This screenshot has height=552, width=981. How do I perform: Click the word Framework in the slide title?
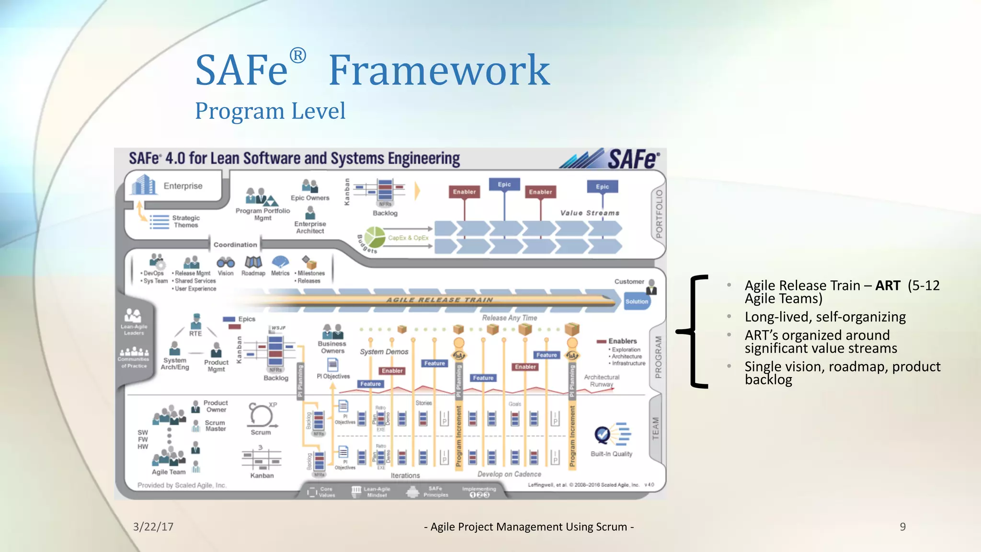click(x=439, y=70)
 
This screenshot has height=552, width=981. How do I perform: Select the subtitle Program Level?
click(x=270, y=111)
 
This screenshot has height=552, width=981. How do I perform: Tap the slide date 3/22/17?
click(x=153, y=527)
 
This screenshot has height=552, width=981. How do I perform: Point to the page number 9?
click(x=902, y=527)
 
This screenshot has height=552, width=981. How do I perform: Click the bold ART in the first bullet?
click(x=888, y=286)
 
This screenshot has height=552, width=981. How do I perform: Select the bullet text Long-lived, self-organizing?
click(x=825, y=317)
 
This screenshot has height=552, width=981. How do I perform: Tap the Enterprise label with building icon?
click(x=183, y=186)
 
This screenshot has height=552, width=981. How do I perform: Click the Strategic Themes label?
click(x=186, y=221)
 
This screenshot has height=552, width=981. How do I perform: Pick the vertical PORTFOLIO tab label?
click(x=659, y=214)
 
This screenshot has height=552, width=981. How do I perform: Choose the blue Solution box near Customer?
click(x=637, y=301)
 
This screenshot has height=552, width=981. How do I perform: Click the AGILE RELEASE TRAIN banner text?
click(x=439, y=300)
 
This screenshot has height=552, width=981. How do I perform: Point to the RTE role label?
click(x=195, y=333)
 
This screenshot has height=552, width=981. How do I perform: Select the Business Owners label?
click(x=332, y=347)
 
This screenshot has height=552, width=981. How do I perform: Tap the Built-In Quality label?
click(x=611, y=454)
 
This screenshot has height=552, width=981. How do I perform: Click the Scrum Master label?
click(x=215, y=425)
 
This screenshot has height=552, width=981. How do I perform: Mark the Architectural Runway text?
click(x=602, y=380)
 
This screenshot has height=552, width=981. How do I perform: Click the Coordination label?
click(x=235, y=244)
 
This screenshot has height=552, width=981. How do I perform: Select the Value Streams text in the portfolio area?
click(x=590, y=213)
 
